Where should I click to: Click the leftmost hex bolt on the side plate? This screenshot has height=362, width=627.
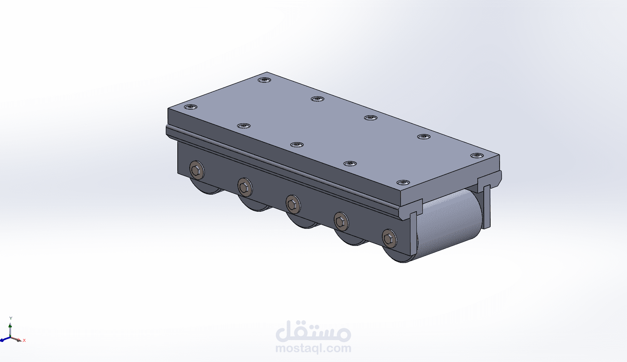pyautogui.click(x=197, y=170)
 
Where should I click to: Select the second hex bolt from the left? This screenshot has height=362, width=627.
pyautogui.click(x=245, y=187)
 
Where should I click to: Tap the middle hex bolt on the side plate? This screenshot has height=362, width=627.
pyautogui.click(x=293, y=204)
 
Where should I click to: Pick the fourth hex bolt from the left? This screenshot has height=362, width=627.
pyautogui.click(x=341, y=221)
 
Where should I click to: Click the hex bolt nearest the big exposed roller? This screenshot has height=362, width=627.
pyautogui.click(x=389, y=239)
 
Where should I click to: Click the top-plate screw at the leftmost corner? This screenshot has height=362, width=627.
pyautogui.click(x=191, y=107)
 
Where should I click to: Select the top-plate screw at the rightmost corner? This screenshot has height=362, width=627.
pyautogui.click(x=477, y=155)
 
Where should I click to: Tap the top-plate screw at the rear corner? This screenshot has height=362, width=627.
pyautogui.click(x=265, y=80)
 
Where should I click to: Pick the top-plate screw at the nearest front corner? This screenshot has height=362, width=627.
pyautogui.click(x=403, y=183)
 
